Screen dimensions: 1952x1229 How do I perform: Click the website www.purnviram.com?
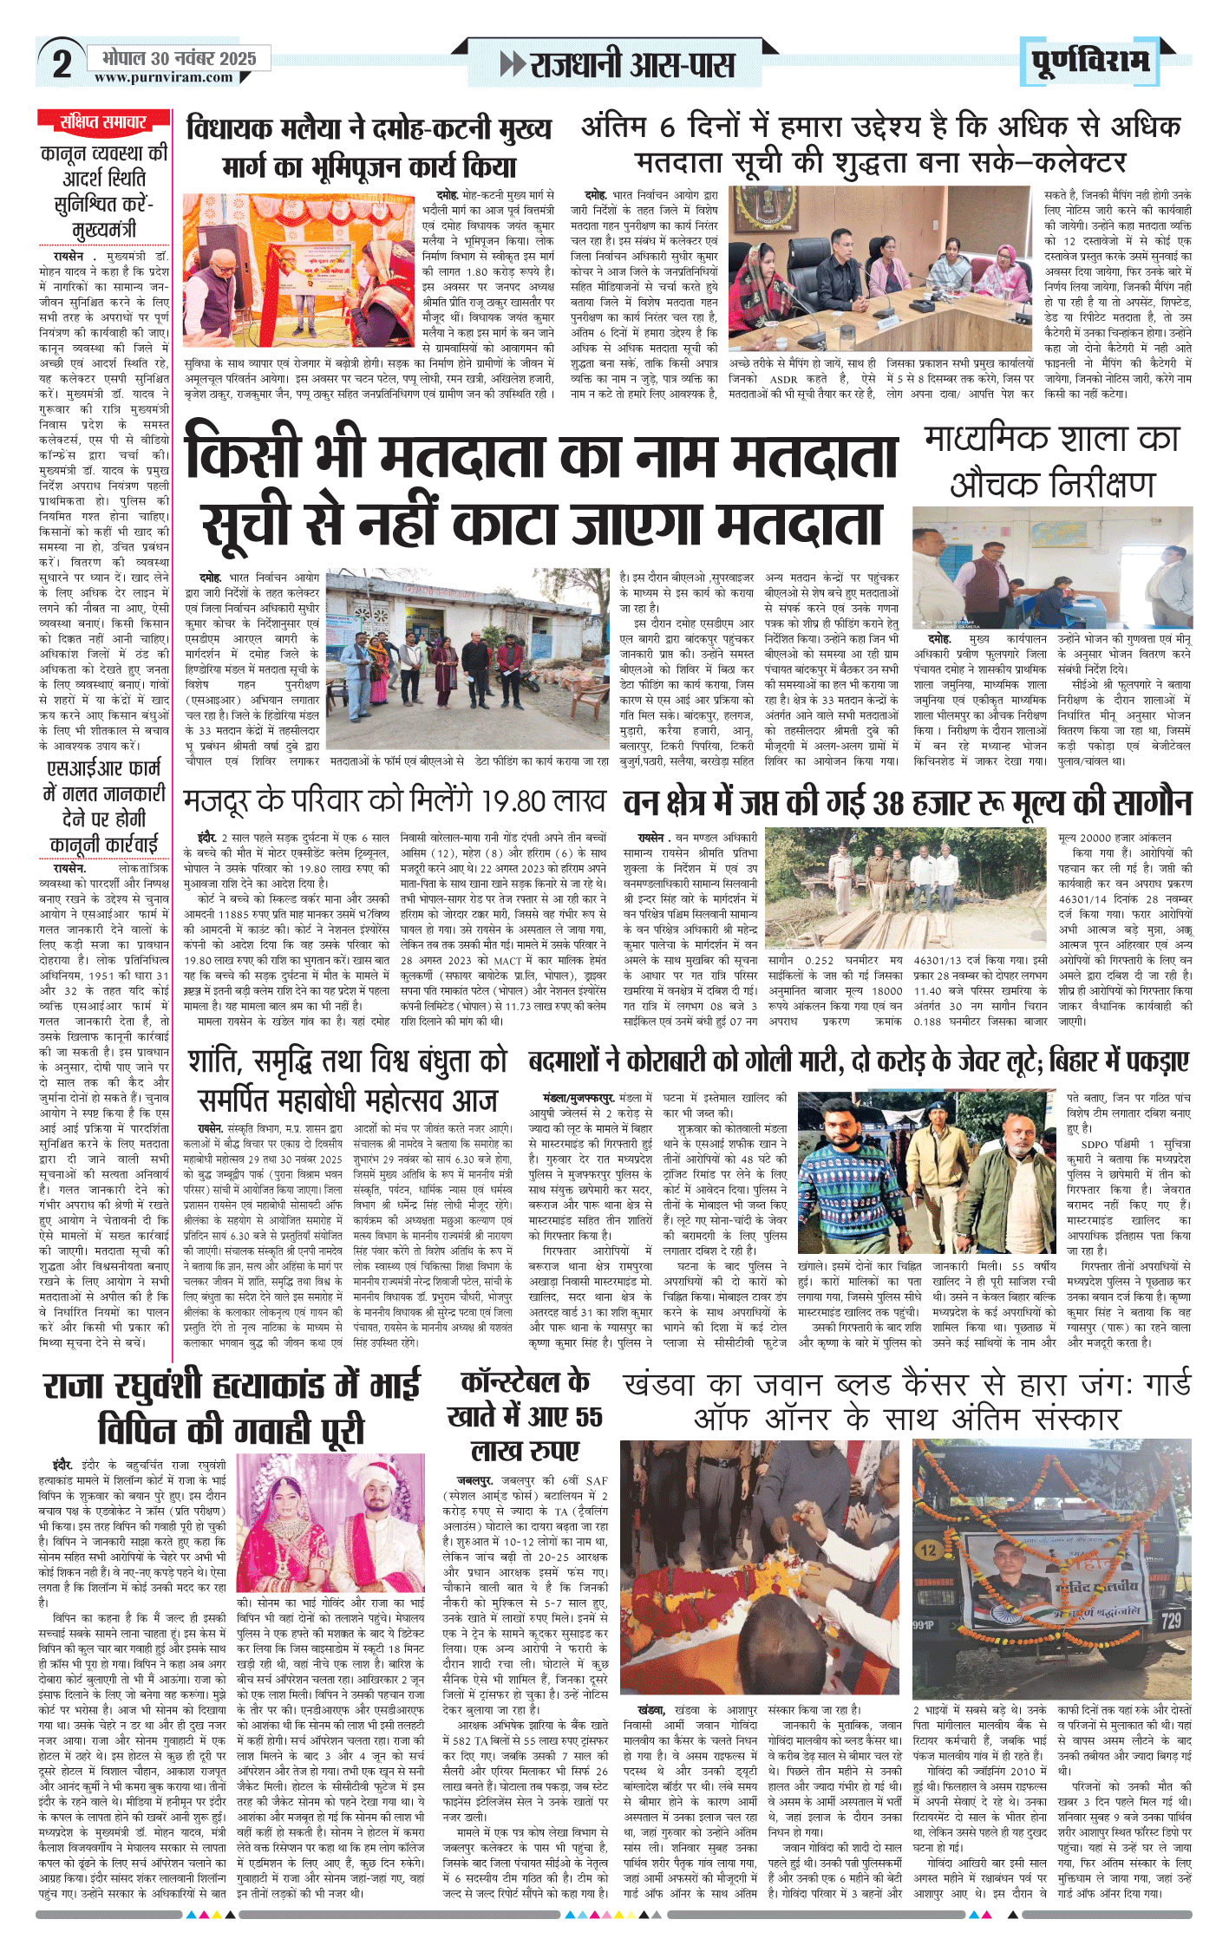164,77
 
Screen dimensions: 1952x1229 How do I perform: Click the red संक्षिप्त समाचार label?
103,121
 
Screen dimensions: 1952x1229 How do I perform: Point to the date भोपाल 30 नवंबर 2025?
180,58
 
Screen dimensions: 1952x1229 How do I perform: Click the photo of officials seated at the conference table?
879,268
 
